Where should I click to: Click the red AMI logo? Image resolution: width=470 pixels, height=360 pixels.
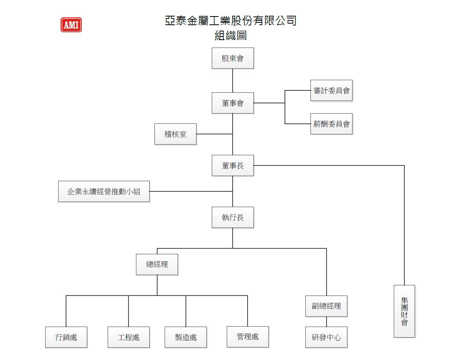click(x=71, y=25)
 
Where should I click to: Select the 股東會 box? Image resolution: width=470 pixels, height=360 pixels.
click(x=233, y=58)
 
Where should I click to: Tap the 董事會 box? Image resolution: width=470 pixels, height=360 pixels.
click(x=233, y=103)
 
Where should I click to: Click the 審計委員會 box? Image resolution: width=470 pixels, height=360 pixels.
click(x=331, y=90)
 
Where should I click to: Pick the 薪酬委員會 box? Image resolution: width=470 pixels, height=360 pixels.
click(x=331, y=124)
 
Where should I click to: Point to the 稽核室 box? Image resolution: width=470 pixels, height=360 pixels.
click(x=175, y=134)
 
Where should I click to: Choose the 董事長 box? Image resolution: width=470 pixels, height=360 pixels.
click(x=233, y=165)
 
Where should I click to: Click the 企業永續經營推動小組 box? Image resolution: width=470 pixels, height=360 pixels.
click(x=104, y=191)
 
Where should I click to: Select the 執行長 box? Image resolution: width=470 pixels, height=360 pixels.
click(x=233, y=217)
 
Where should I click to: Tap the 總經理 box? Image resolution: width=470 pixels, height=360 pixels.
click(x=157, y=264)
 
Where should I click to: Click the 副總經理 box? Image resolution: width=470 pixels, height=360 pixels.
click(x=326, y=306)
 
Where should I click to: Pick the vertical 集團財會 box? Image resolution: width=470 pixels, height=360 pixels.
click(x=404, y=311)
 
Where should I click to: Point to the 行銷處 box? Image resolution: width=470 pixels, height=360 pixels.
click(x=66, y=337)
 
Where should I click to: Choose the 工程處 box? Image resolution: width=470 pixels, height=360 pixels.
click(x=129, y=337)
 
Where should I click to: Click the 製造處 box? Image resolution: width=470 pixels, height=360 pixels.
click(x=185, y=337)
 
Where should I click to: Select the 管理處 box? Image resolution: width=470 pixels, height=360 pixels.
click(x=248, y=337)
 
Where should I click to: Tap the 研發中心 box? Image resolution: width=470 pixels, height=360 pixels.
click(x=326, y=337)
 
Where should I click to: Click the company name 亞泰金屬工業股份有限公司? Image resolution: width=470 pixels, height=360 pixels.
click(x=231, y=20)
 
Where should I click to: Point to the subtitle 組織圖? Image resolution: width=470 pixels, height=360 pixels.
click(x=231, y=36)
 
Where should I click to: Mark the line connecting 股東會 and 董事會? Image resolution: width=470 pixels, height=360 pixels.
click(x=233, y=81)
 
